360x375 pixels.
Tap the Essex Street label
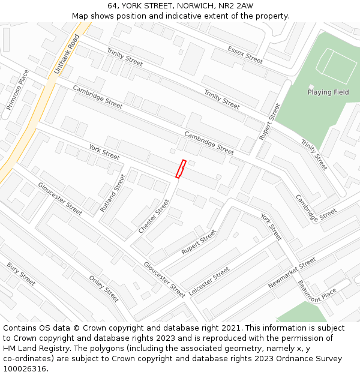tap(245, 55)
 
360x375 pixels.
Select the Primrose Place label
tap(17, 90)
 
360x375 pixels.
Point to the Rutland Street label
tap(113, 193)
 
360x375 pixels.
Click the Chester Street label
tap(154, 217)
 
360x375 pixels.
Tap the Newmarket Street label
tap(292, 273)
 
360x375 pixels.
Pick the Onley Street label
tap(104, 289)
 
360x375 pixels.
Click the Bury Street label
tap(21, 274)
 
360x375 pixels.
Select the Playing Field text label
tap(328, 92)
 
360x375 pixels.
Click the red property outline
tap(181, 169)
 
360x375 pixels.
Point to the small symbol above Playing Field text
tap(311, 86)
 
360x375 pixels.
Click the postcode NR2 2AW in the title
tap(237, 6)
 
